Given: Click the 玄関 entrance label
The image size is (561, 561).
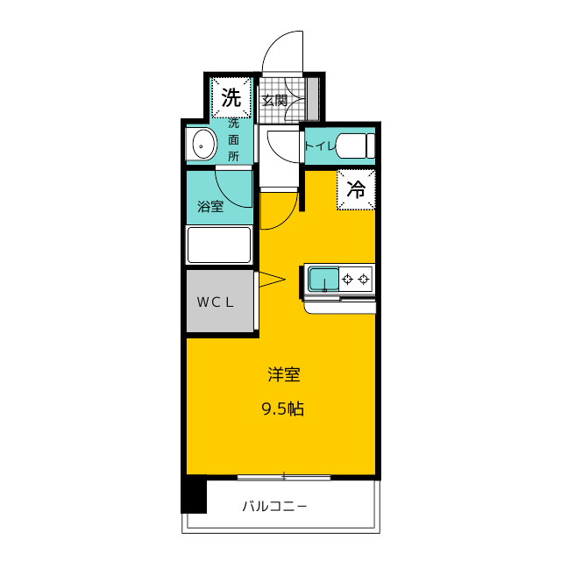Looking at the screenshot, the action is [x=274, y=101].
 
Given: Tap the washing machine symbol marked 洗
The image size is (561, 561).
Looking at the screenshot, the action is [x=231, y=97].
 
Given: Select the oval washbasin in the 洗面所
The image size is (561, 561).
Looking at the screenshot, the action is [x=204, y=145].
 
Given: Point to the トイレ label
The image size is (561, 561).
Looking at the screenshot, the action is [x=320, y=146].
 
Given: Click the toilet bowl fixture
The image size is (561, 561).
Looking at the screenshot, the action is [x=355, y=146].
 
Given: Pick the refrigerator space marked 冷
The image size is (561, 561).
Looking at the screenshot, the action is [x=356, y=189].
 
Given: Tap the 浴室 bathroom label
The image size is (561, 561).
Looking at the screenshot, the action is [x=210, y=207].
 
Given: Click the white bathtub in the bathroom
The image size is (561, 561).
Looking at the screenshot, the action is [x=219, y=245].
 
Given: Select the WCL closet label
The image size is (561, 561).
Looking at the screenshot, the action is [x=215, y=302].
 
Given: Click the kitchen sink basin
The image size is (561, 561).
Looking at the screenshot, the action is [x=323, y=279].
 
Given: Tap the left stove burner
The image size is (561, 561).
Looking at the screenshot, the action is [x=347, y=279].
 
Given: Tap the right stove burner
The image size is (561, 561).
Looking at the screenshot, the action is [x=364, y=279].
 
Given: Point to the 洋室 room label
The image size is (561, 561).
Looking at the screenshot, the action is [x=284, y=374].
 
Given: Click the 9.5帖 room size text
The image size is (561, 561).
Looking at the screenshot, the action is [x=283, y=408].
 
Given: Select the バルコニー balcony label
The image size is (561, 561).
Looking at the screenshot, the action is [x=274, y=507].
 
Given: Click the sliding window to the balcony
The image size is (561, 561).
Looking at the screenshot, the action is [x=284, y=477].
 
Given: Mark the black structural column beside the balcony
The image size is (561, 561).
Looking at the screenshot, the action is [x=194, y=495].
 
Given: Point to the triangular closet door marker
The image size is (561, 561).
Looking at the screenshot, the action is [x=272, y=280].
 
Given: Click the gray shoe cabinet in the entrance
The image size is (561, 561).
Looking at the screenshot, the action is [x=313, y=99].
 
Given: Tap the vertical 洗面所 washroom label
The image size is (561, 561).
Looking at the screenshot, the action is [x=233, y=140].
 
